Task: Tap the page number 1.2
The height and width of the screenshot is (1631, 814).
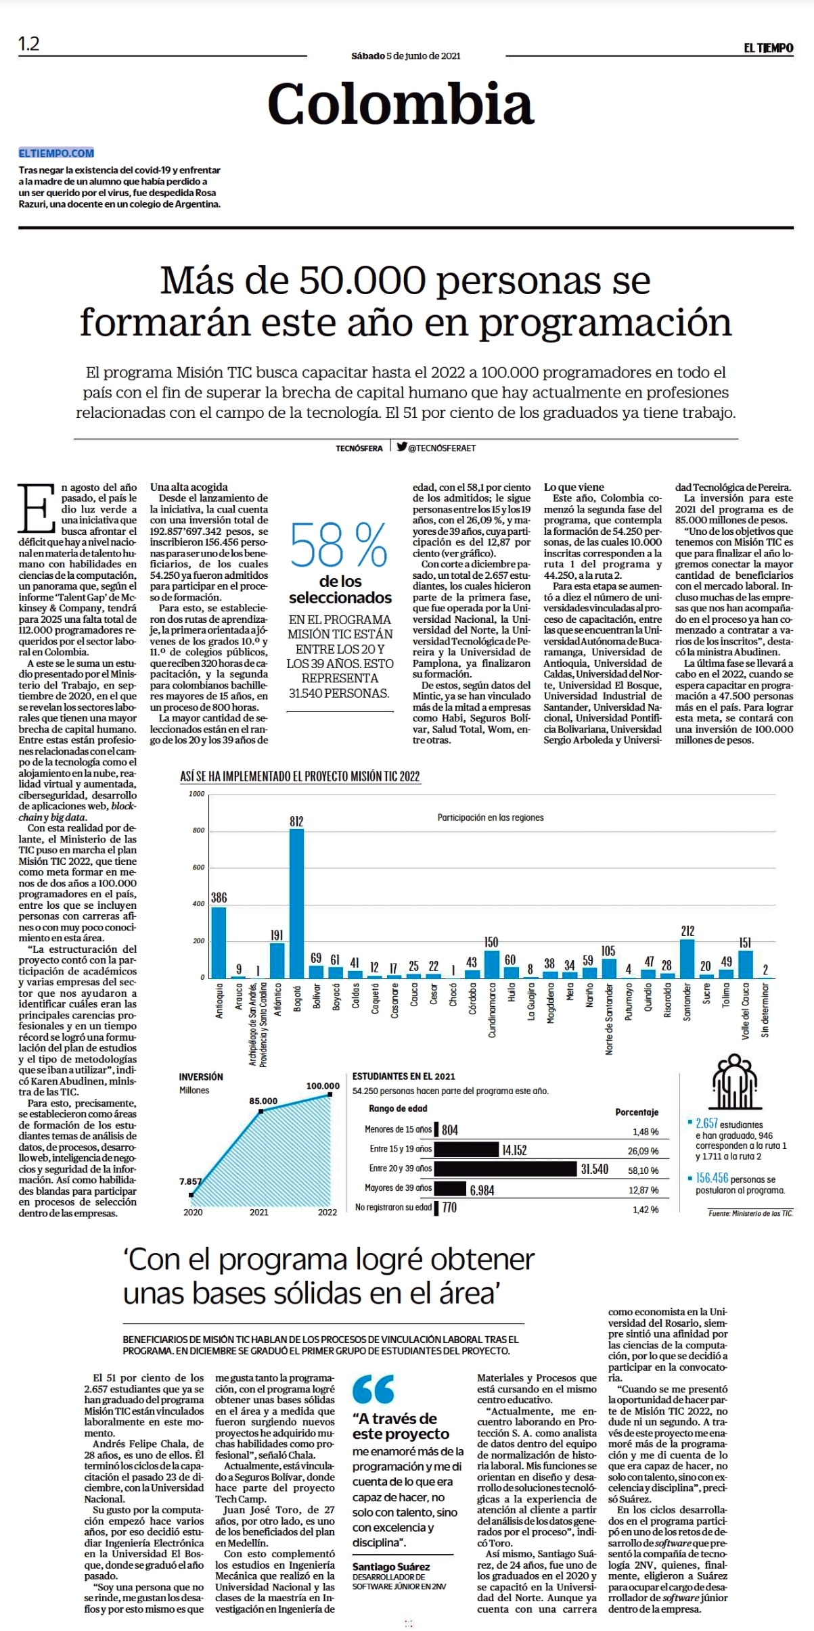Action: [x=29, y=45]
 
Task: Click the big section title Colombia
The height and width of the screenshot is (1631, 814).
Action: [x=401, y=103]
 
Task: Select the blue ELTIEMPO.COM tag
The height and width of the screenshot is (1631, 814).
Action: [x=57, y=153]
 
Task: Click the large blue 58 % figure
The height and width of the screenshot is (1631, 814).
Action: [x=339, y=546]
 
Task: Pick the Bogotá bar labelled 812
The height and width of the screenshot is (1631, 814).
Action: [x=296, y=903]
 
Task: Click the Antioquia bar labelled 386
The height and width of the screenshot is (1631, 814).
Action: [x=219, y=942]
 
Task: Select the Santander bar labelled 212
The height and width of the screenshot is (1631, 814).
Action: [x=687, y=958]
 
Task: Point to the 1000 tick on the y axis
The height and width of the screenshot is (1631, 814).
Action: [x=197, y=794]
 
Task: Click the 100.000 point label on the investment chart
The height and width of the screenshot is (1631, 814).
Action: [x=323, y=1086]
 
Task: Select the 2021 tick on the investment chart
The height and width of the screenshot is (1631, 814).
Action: [x=259, y=1212]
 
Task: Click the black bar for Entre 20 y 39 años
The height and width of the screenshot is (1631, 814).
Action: [x=507, y=1168]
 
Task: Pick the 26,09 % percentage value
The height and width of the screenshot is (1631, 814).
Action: [x=643, y=1151]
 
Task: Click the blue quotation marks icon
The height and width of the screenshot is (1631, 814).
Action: [x=373, y=1389]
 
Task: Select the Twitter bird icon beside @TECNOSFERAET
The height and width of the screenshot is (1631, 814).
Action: [x=402, y=446]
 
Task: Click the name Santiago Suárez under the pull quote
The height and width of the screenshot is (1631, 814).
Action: [x=391, y=1566]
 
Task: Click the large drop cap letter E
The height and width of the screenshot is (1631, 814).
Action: [x=36, y=508]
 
